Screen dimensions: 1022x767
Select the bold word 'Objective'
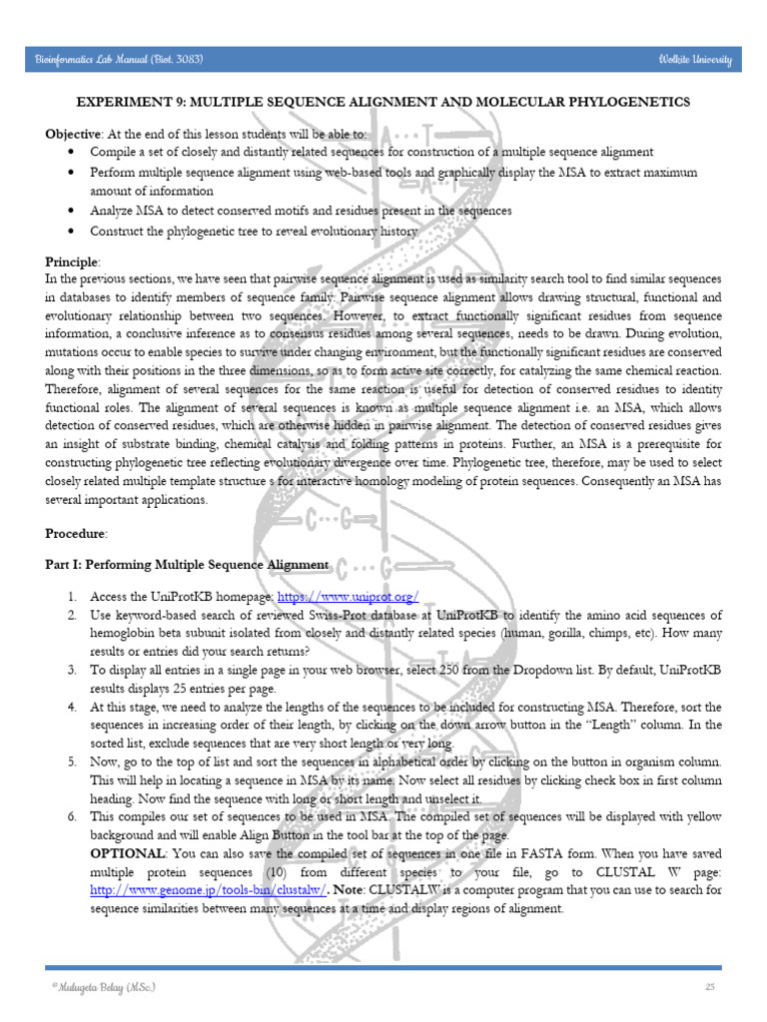(73, 134)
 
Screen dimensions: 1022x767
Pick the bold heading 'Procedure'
(75, 534)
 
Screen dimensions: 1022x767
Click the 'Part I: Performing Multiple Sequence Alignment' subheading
(187, 565)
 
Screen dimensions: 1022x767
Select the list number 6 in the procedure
(73, 817)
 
